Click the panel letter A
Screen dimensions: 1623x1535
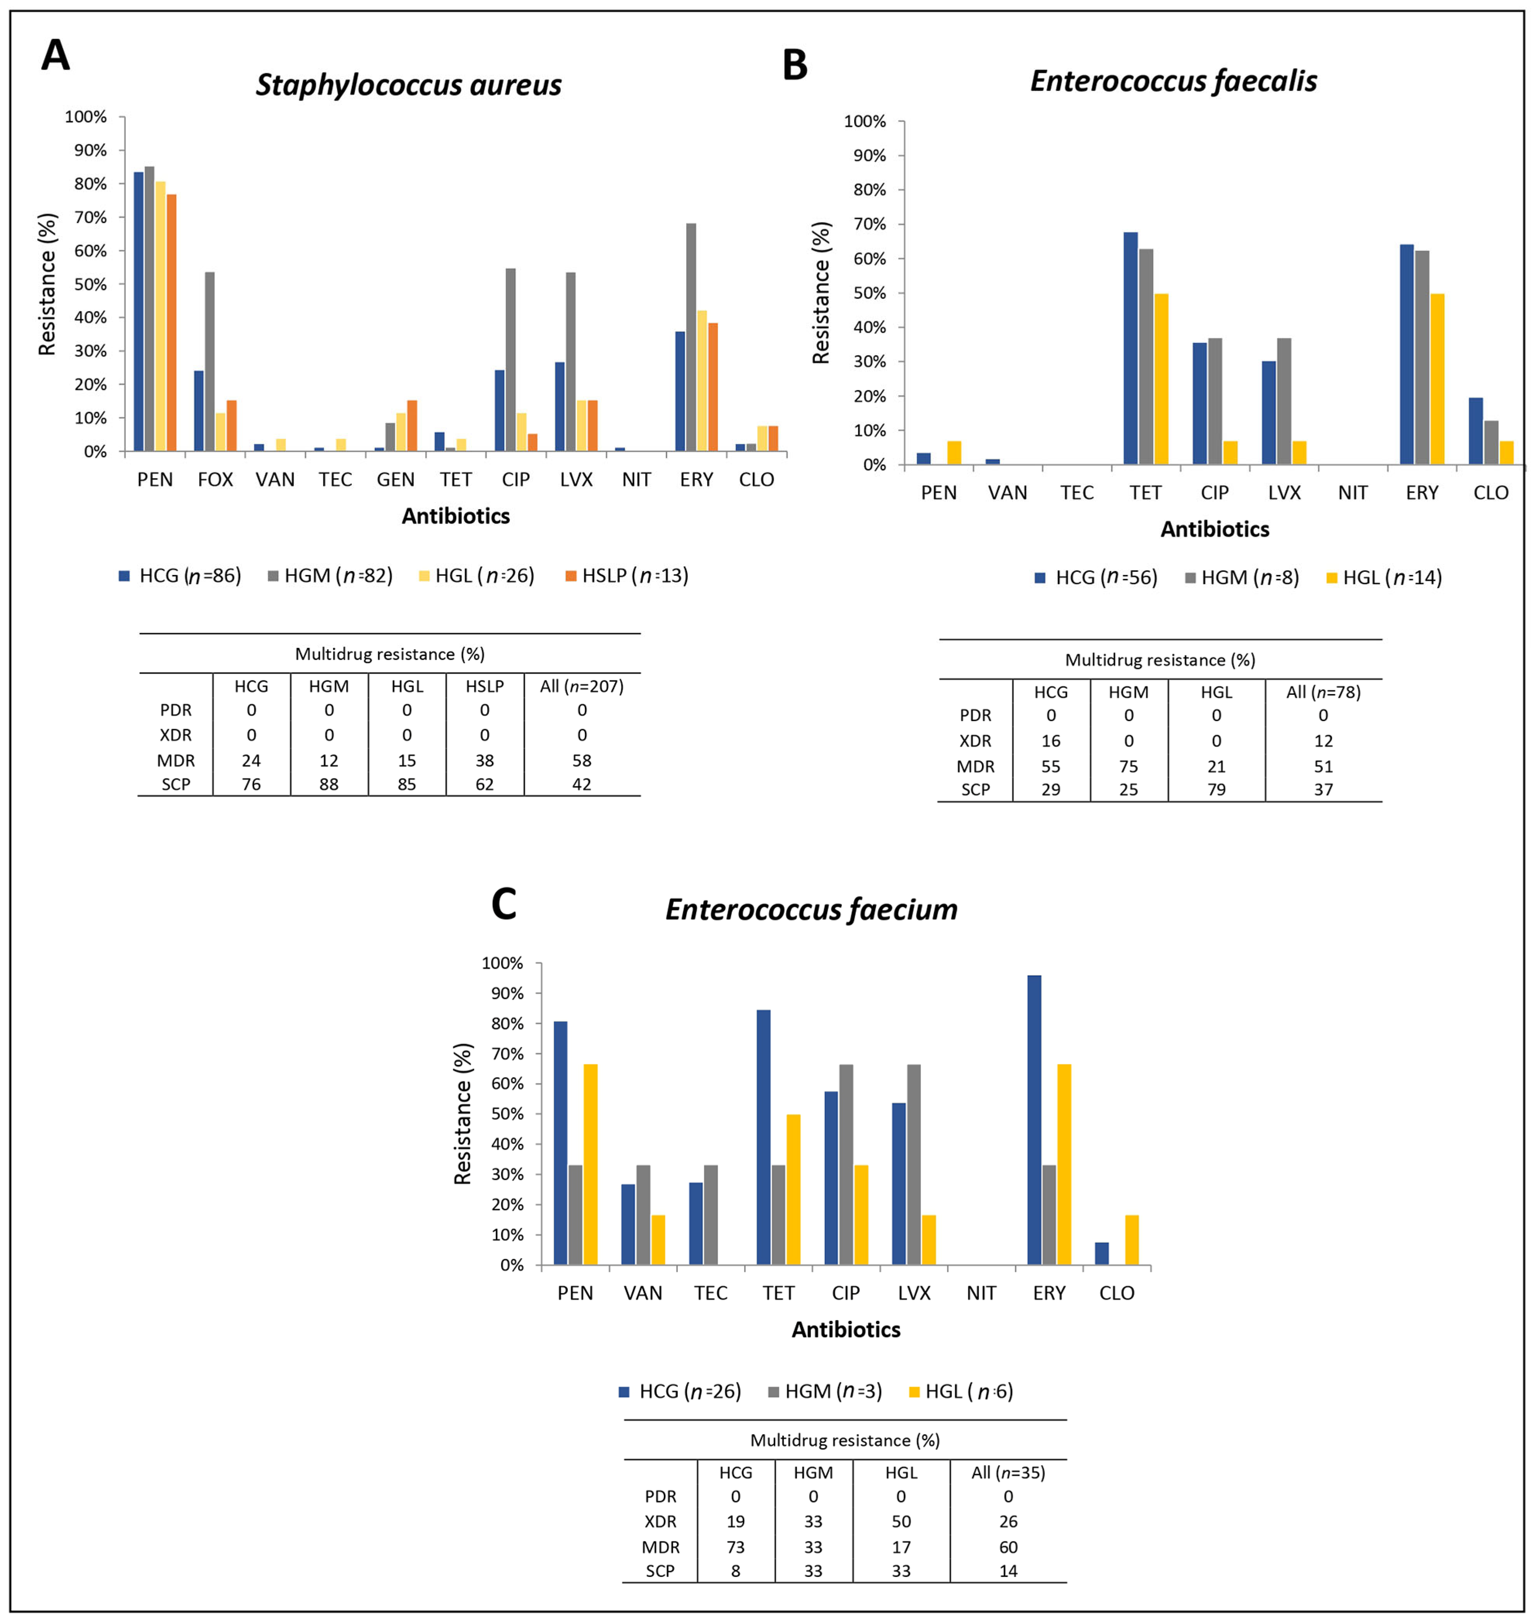tap(56, 56)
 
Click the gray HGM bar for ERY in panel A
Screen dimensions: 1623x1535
tap(691, 337)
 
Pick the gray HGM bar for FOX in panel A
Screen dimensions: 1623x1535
tap(210, 362)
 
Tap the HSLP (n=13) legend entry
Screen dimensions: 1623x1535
tap(627, 576)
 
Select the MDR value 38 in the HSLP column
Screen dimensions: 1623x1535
tap(485, 760)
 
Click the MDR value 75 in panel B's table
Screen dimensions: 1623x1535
tap(1128, 766)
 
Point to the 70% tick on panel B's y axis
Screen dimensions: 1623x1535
tap(869, 224)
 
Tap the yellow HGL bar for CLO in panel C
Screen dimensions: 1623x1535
tap(1132, 1240)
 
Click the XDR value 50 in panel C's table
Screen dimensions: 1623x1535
tap(901, 1522)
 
